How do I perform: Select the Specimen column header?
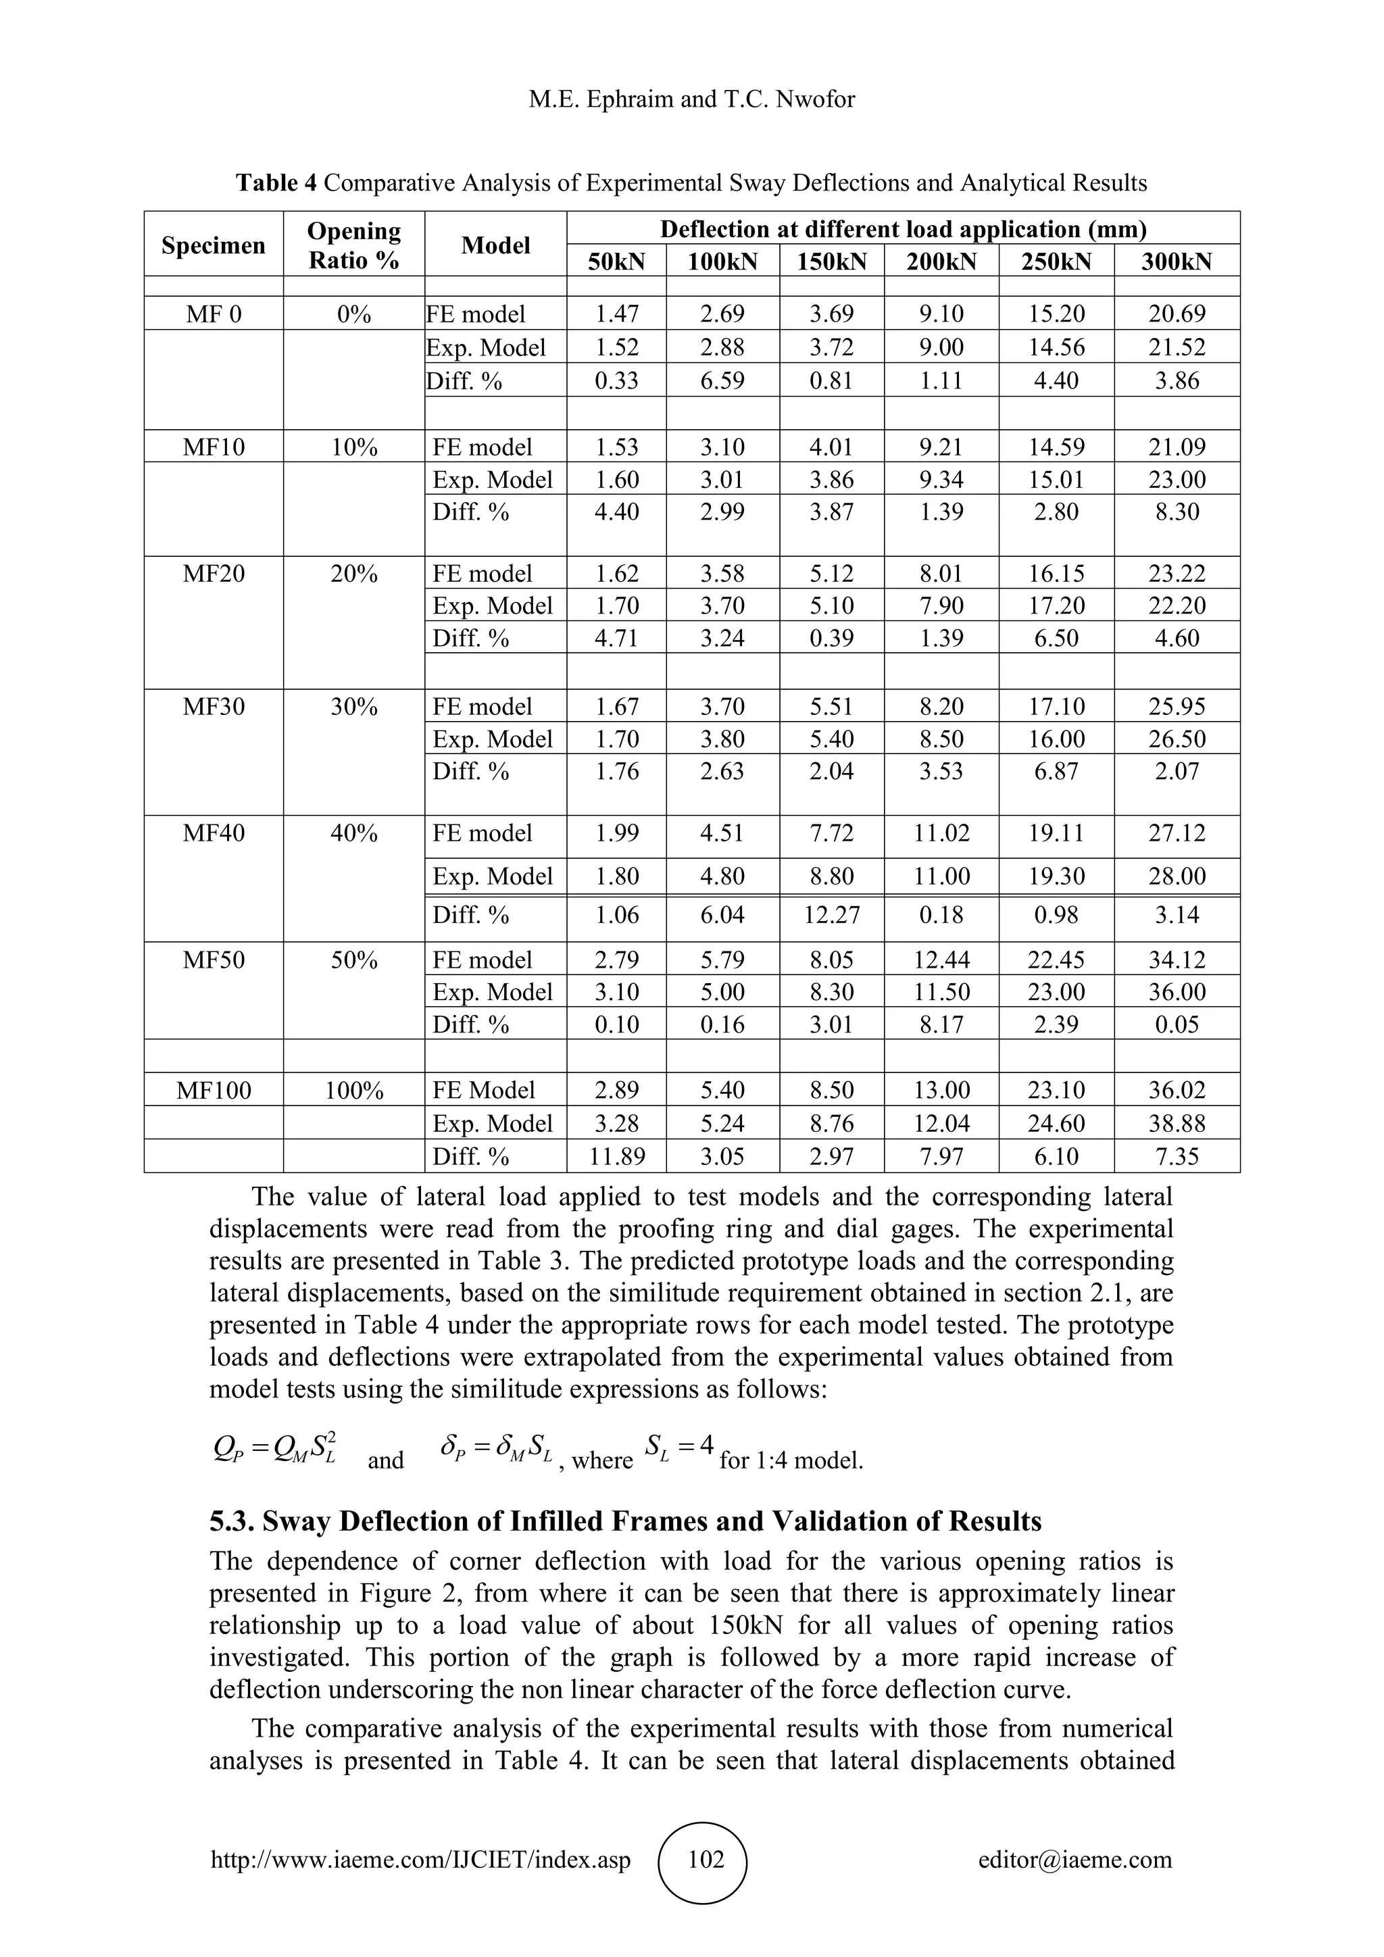(x=213, y=245)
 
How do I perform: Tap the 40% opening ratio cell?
(x=353, y=833)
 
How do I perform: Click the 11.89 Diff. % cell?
(x=616, y=1157)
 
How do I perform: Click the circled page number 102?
(x=705, y=1859)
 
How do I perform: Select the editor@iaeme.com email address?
(x=1074, y=1859)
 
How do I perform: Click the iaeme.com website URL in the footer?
(x=420, y=1859)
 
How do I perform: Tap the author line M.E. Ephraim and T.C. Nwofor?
(x=691, y=100)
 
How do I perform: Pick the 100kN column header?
(x=722, y=262)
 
